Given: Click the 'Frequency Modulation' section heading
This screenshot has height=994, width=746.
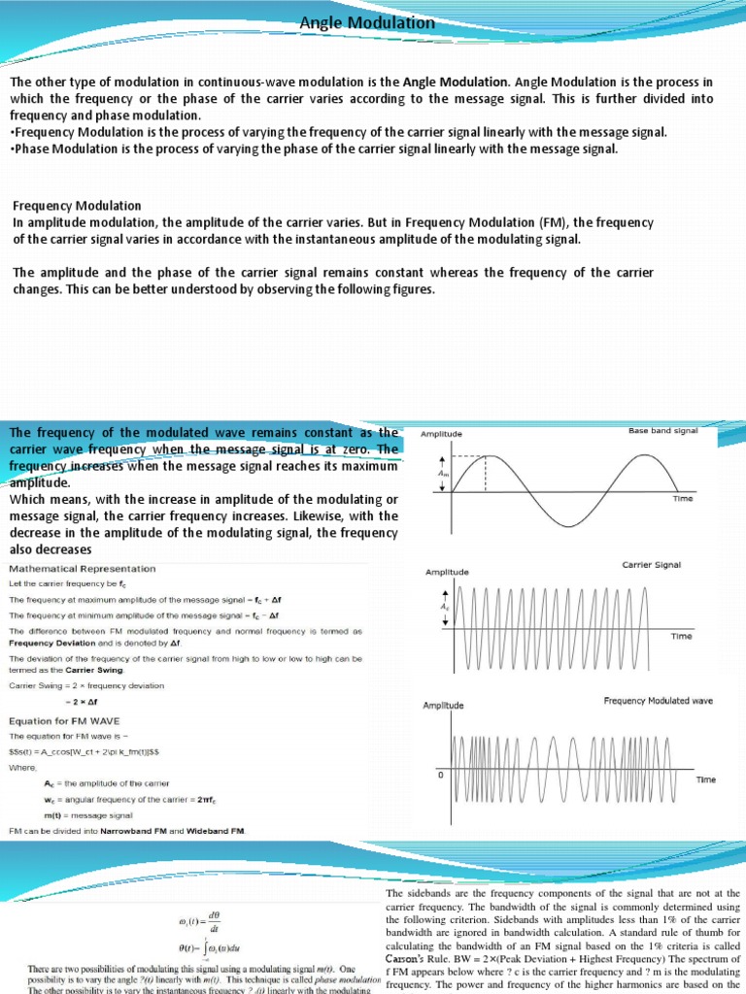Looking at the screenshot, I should click(x=77, y=206).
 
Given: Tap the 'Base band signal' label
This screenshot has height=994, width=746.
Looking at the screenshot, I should click(x=662, y=430).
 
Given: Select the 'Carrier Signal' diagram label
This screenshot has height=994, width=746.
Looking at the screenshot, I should click(x=652, y=564).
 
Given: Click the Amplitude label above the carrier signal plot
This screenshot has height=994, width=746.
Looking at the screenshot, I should click(x=447, y=573).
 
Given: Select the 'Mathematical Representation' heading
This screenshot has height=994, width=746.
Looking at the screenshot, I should click(x=82, y=568).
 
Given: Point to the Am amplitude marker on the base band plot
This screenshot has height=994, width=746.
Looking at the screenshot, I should click(x=443, y=474).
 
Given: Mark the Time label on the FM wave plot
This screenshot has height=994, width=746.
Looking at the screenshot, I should click(x=708, y=779).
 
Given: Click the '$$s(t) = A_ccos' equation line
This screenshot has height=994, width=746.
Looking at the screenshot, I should click(x=87, y=751).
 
